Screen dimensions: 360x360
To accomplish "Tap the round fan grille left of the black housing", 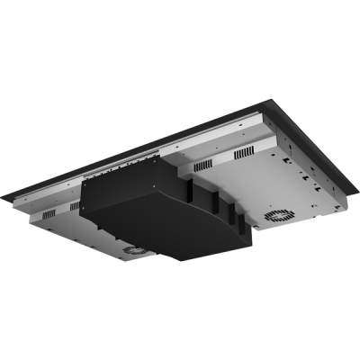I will click(136, 250).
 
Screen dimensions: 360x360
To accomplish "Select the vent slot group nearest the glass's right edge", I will click(246, 154).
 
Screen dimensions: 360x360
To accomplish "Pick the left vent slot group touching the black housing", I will click(74, 207).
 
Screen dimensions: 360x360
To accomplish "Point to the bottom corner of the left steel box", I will click(117, 262).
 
